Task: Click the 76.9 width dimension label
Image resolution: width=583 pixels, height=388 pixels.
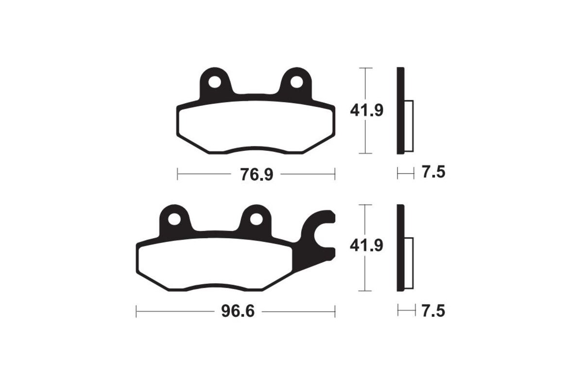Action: click(x=256, y=174)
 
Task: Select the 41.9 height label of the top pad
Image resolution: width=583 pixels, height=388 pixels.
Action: click(x=367, y=111)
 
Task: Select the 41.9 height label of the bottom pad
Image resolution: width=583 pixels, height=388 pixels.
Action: click(x=367, y=246)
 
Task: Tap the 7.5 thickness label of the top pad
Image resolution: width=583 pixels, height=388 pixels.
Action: click(x=433, y=172)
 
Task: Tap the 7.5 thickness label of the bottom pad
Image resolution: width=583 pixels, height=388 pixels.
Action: click(x=433, y=310)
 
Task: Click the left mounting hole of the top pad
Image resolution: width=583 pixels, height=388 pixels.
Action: click(x=214, y=82)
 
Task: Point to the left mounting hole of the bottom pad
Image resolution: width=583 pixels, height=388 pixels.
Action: click(x=172, y=220)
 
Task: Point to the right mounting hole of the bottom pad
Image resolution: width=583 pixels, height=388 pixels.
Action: click(x=255, y=220)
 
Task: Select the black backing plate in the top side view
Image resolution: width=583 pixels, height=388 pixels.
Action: click(x=400, y=111)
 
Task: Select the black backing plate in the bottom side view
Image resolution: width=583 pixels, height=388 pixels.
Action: click(x=400, y=248)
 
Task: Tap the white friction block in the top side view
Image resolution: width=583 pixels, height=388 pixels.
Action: click(x=409, y=126)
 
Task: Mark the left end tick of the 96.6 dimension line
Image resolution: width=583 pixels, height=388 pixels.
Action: click(x=137, y=311)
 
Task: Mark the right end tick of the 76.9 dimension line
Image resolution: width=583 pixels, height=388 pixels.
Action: click(x=335, y=174)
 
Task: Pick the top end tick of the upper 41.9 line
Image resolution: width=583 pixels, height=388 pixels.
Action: click(x=365, y=68)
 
